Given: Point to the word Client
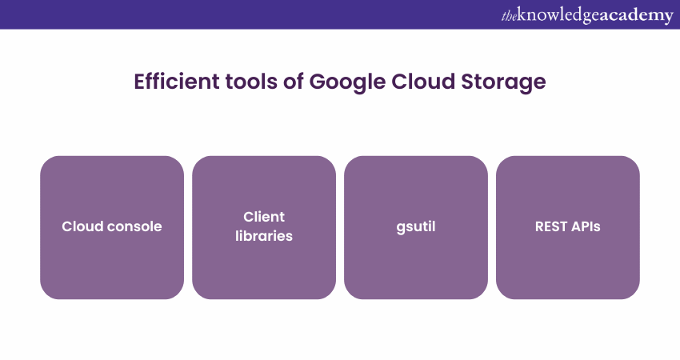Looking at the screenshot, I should pos(264,217).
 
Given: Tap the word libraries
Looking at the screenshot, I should pos(264,236).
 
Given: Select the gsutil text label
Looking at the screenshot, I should pos(416,226).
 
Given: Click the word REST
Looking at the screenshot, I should pos(552,226).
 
